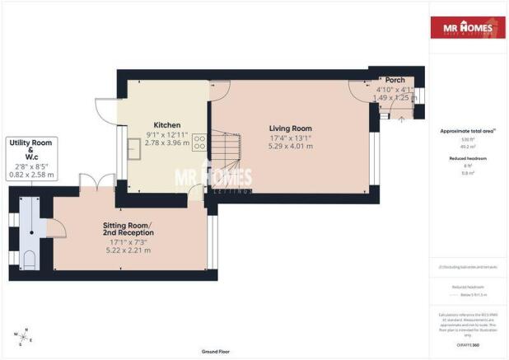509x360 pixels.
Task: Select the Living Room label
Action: [x=291, y=128]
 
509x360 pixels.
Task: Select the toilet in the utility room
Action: [x=30, y=260]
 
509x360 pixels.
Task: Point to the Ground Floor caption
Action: [x=215, y=352]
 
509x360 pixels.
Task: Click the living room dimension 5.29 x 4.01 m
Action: [x=291, y=149]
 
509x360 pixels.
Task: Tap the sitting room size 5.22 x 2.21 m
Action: [x=128, y=250]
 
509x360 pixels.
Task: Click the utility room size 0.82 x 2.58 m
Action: [x=31, y=175]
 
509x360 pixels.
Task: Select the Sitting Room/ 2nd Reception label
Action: [x=128, y=228]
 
